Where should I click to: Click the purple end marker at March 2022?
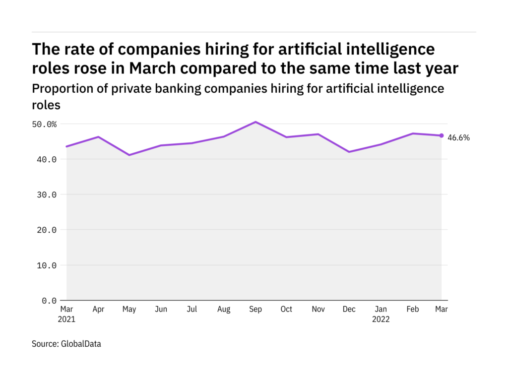pos(442,135)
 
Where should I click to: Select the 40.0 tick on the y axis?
pos(47,159)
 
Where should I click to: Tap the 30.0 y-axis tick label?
pos(47,194)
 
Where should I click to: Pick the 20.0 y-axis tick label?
pos(47,230)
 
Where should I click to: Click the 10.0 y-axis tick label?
pos(47,265)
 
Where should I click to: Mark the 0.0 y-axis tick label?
pos(49,301)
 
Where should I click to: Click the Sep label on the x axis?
pos(255,310)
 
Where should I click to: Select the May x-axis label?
pos(129,310)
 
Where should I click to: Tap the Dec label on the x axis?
pos(349,310)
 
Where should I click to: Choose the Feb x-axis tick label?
pos(412,310)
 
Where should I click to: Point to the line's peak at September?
pos(255,122)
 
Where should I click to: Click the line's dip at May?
pos(129,155)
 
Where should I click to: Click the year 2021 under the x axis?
pos(66,319)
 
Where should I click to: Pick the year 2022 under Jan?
pos(381,319)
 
